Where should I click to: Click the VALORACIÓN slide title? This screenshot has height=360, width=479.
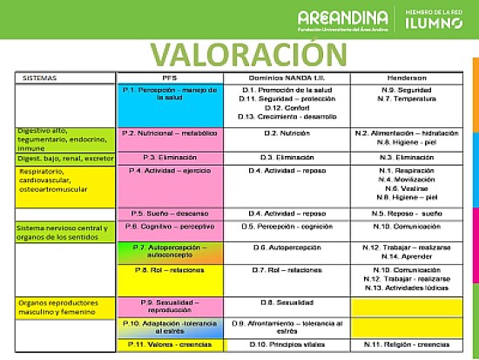tap(239, 53)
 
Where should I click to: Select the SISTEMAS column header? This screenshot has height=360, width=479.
tap(39, 78)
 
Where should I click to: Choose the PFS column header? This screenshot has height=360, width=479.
tap(171, 78)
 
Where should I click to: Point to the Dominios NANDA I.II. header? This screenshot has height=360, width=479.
tap(287, 78)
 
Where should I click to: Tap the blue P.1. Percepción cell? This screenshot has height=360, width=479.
tap(171, 94)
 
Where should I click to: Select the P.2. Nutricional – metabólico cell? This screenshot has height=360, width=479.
tap(170, 133)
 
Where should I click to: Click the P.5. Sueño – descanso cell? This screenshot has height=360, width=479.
tap(170, 213)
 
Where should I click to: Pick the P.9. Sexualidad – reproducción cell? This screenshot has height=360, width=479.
tap(171, 306)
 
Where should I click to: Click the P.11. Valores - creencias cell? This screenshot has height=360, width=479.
tap(171, 344)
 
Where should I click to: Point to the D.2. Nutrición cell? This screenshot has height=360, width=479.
tap(287, 133)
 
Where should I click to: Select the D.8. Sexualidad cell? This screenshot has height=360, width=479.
tap(287, 302)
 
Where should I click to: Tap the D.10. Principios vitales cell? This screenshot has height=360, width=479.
tap(287, 344)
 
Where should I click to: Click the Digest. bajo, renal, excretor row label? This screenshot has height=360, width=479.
tap(64, 157)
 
